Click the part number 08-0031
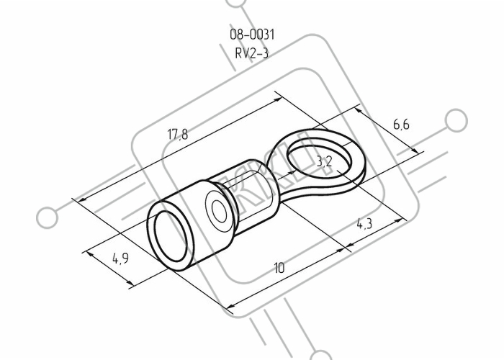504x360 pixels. pyautogui.click(x=252, y=35)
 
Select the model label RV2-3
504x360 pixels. pyautogui.click(x=252, y=53)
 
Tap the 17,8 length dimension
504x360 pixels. pyautogui.click(x=178, y=134)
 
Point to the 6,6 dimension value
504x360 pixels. pyautogui.click(x=402, y=124)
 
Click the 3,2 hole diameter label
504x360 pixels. pyautogui.click(x=324, y=162)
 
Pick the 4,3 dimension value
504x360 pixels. pyautogui.click(x=365, y=224)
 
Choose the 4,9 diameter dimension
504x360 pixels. pyautogui.click(x=120, y=258)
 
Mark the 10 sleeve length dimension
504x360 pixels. pyautogui.click(x=279, y=267)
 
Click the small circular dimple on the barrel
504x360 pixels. pyautogui.click(x=220, y=212)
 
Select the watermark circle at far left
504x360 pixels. pyautogui.click(x=48, y=217)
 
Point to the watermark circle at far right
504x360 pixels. pyautogui.click(x=456, y=120)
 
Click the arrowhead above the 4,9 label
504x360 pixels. pyautogui.click(x=91, y=255)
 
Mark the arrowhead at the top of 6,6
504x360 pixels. pyautogui.click(x=359, y=111)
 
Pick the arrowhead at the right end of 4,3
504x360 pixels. pyautogui.click(x=398, y=221)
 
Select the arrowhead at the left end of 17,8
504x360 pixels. pyautogui.click(x=81, y=199)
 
